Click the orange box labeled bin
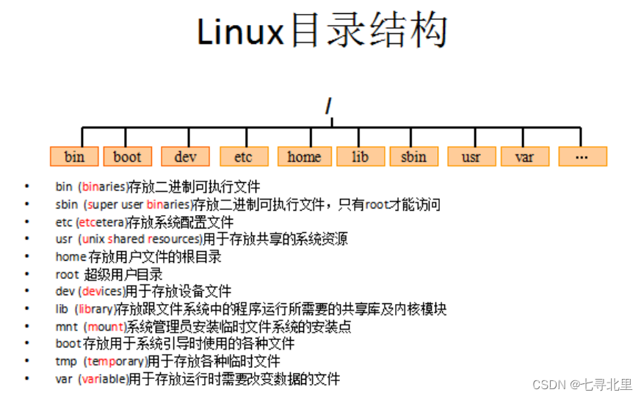[74, 156]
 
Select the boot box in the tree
[127, 156]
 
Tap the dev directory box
[185, 156]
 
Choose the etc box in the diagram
[244, 156]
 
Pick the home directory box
[304, 156]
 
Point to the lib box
[360, 156]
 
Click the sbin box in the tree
[413, 156]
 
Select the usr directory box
[471, 156]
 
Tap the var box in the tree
[524, 156]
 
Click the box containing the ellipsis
[582, 156]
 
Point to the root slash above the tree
[330, 108]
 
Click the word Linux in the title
[241, 32]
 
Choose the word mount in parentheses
[104, 327]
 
